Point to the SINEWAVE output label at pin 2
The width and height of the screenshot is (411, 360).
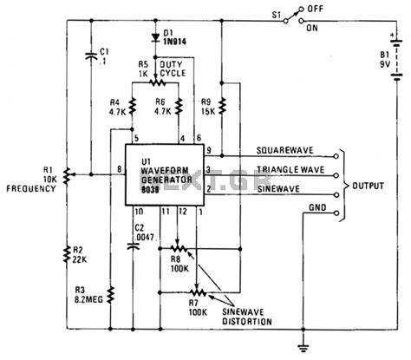[259, 187]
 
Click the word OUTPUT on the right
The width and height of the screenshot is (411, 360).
[370, 187]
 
